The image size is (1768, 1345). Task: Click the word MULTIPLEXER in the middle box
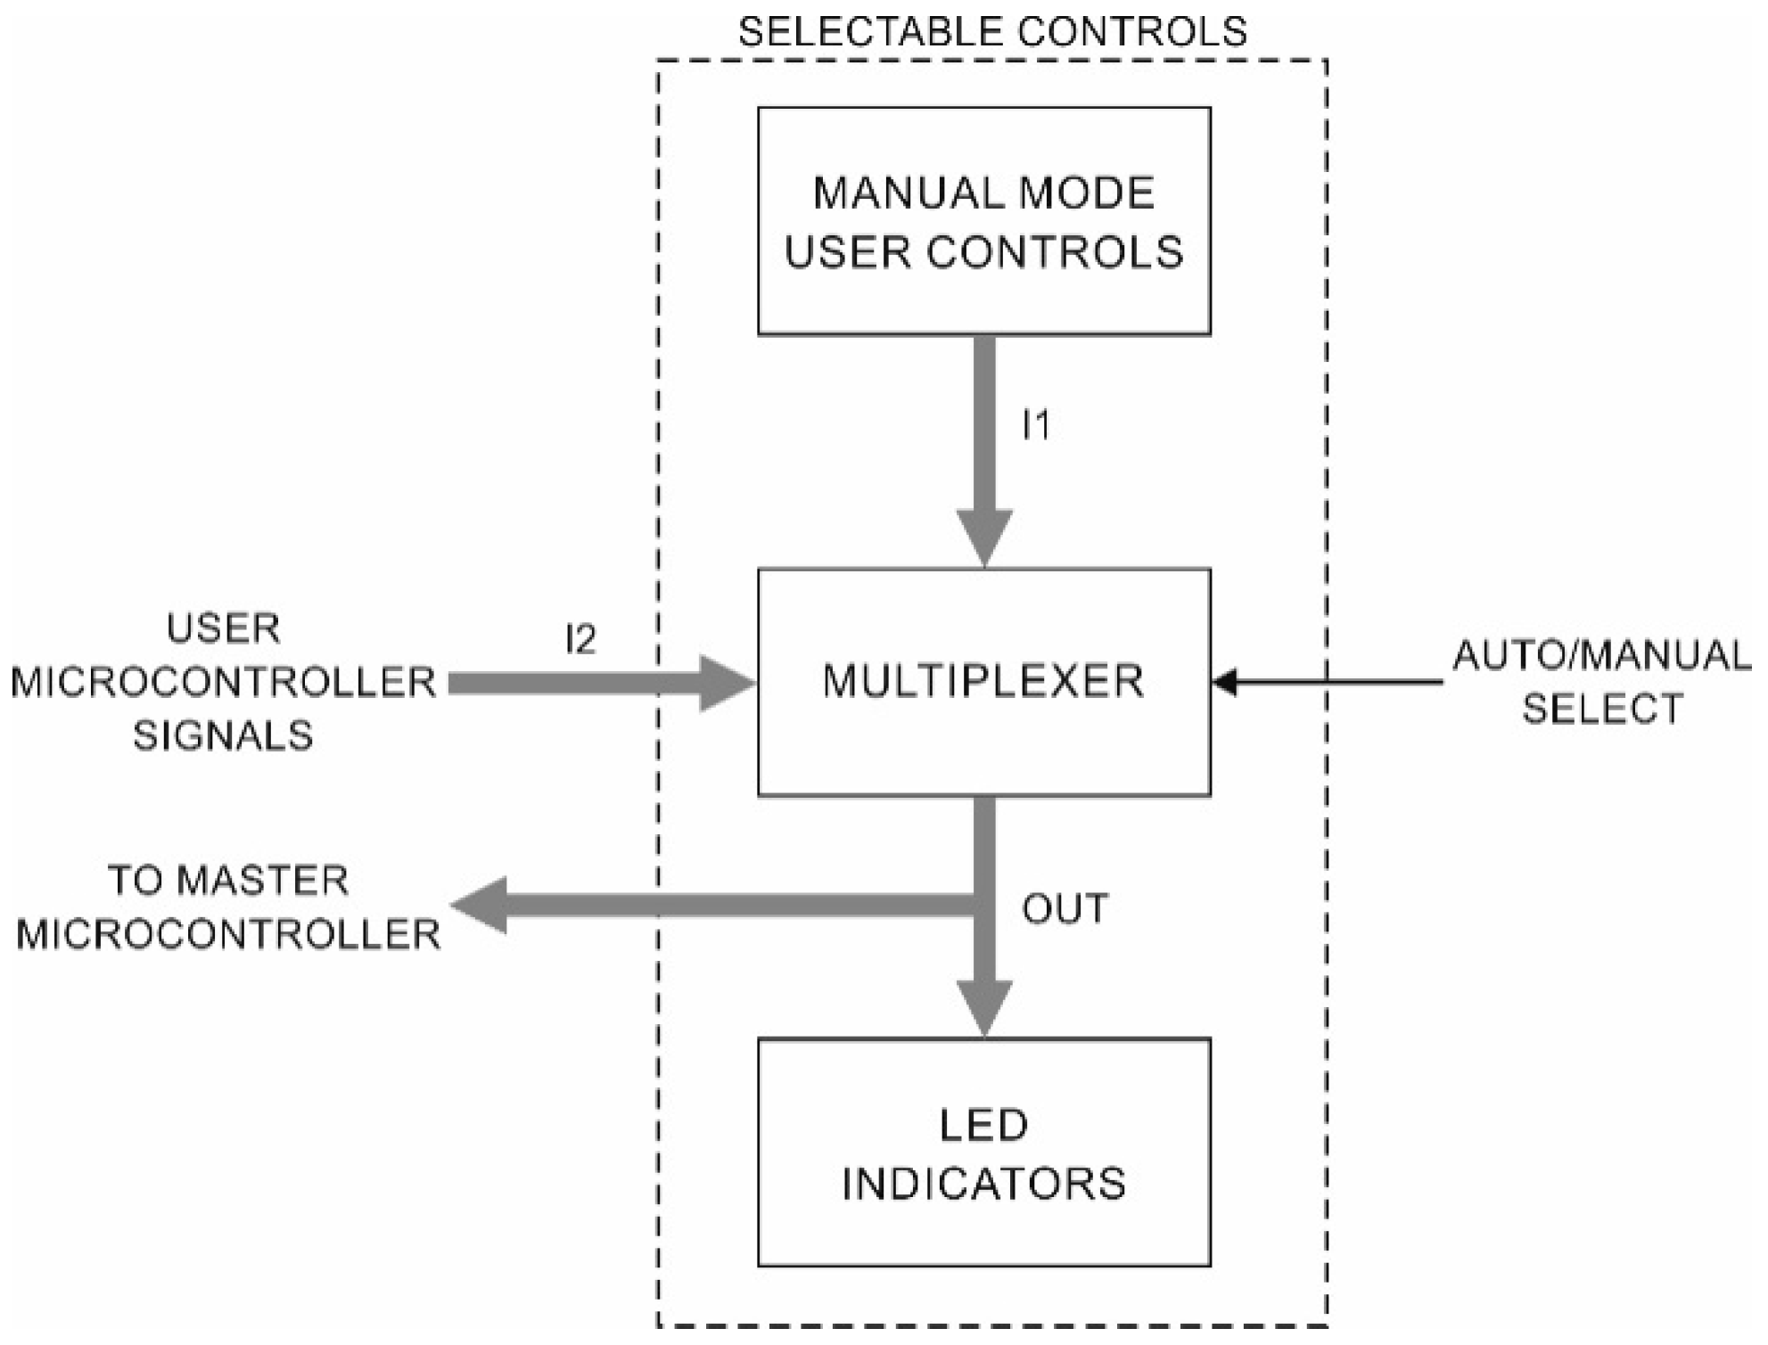point(983,682)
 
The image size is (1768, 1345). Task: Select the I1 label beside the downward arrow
point(1036,425)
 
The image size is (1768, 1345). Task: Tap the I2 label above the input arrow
point(580,639)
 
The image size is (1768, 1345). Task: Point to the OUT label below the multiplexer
point(1065,909)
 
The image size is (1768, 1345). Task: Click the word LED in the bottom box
point(983,1126)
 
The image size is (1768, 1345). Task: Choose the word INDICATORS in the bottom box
point(983,1185)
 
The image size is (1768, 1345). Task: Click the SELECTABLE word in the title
point(869,32)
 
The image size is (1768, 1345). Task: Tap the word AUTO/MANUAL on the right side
point(1601,656)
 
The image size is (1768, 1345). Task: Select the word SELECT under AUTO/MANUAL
point(1602,710)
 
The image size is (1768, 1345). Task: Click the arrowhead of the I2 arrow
point(728,684)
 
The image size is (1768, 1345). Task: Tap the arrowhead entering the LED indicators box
point(983,1007)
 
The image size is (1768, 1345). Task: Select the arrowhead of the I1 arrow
point(983,537)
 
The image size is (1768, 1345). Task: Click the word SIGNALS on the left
point(223,736)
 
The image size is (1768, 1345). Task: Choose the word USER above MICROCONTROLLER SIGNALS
point(223,628)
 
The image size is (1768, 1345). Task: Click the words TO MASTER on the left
point(228,881)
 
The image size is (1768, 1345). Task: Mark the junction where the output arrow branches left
point(983,906)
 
